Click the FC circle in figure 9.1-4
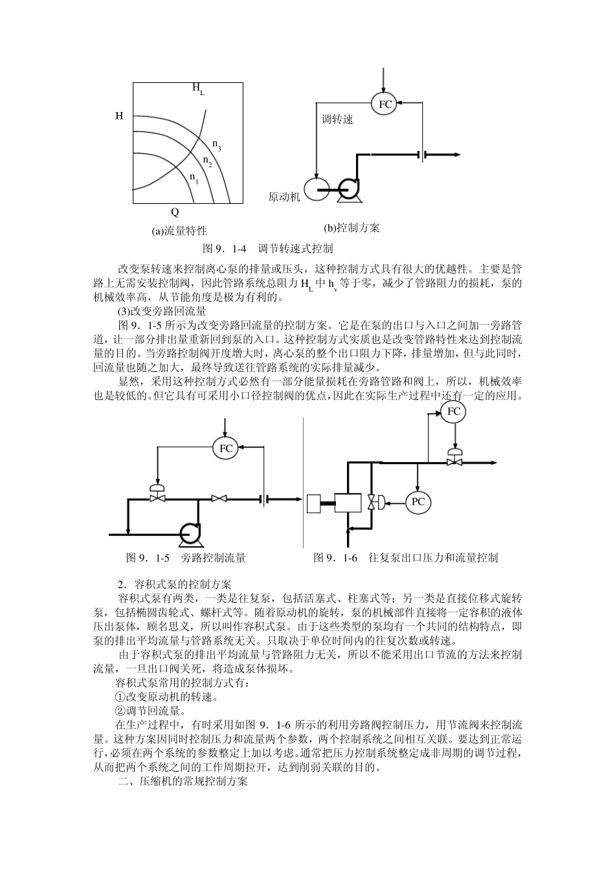[x=385, y=104]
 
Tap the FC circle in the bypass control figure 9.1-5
[x=226, y=448]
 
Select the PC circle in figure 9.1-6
[x=418, y=502]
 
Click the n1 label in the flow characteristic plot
[x=194, y=177]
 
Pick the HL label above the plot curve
[x=198, y=89]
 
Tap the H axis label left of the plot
[x=119, y=117]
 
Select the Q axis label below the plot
[x=175, y=212]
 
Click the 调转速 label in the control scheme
[x=338, y=120]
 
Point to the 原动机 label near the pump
[x=284, y=197]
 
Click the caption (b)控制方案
[x=352, y=228]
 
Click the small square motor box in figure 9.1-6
[x=315, y=503]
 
